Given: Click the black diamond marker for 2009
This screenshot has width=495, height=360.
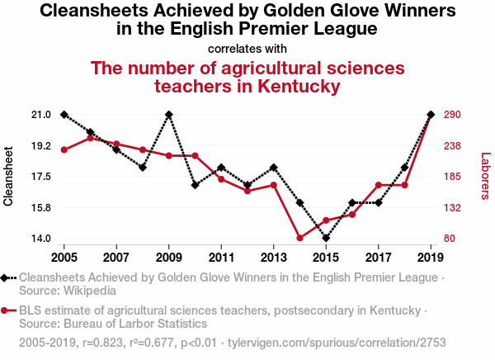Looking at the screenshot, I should (169, 115).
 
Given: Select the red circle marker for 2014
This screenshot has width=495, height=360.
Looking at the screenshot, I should (300, 239).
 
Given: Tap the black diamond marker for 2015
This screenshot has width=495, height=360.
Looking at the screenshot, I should (326, 239).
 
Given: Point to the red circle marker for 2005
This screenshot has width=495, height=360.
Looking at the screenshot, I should (64, 149).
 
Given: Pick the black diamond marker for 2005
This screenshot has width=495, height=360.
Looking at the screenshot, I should (64, 115).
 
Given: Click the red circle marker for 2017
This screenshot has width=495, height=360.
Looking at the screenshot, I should (379, 185).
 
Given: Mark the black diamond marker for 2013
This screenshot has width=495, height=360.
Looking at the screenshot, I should (274, 168).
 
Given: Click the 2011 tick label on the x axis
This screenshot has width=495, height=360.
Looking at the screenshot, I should (222, 247).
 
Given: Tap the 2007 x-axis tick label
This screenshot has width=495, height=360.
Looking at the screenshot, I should (116, 247).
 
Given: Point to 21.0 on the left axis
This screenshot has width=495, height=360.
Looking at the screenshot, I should (41, 115).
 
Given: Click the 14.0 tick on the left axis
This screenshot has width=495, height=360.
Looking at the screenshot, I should (41, 239).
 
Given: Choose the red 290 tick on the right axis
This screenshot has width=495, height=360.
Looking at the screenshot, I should (455, 115).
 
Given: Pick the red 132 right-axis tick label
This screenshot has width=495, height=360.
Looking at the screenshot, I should (455, 207).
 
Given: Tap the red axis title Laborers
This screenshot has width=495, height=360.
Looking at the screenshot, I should (485, 175).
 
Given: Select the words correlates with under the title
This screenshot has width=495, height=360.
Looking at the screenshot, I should (247, 48).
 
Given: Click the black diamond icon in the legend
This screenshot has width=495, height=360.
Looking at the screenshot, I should (7, 277).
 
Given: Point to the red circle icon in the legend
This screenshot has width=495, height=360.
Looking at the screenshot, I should (7, 310).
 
